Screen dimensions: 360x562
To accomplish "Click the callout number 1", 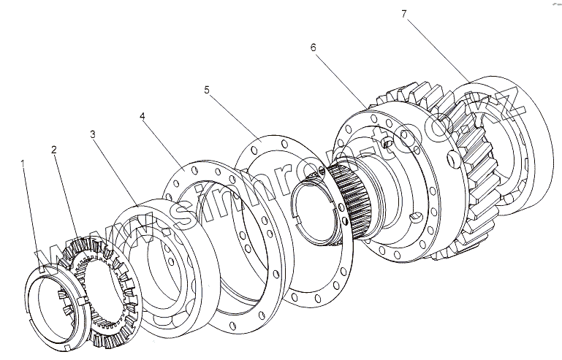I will pyautogui.click(x=24, y=164).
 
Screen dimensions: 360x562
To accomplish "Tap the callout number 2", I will pyautogui.click(x=53, y=150).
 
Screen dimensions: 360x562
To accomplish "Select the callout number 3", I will pyautogui.click(x=93, y=134).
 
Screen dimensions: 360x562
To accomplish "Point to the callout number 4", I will pyautogui.click(x=142, y=116).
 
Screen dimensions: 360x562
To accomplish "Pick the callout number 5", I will pyautogui.click(x=207, y=90).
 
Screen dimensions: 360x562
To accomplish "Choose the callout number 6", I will pyautogui.click(x=313, y=47).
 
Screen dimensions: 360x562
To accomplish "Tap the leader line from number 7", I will pyautogui.click(x=438, y=47).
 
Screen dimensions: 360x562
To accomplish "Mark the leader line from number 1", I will pyautogui.click(x=33, y=219).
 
